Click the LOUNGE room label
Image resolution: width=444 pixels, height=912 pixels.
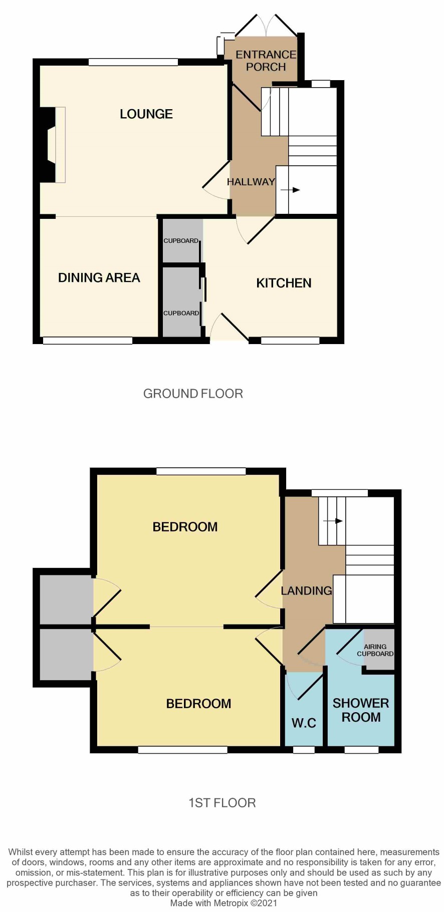point(146,114)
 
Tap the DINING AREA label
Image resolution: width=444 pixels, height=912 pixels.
point(99,278)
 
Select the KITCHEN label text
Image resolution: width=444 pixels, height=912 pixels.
point(284,283)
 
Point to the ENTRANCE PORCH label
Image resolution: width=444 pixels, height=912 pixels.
point(266,61)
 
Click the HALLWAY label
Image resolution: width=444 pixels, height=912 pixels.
point(251,182)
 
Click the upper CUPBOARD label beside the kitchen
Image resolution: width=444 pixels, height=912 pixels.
point(181,241)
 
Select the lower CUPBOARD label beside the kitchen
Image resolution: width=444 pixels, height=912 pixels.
point(181,313)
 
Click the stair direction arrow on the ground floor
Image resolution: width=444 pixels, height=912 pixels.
point(290,190)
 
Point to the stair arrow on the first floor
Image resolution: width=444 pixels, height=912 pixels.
point(333,521)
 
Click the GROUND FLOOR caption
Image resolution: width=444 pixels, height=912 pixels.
point(193,394)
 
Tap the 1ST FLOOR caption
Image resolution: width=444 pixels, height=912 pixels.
point(222,803)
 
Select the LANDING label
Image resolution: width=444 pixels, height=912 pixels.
point(306,591)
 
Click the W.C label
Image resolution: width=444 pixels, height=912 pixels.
point(304,723)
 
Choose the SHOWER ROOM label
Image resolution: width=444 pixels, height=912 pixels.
point(361,710)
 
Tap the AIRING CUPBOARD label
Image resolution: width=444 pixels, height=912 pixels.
point(375,650)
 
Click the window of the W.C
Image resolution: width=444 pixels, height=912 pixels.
point(304,750)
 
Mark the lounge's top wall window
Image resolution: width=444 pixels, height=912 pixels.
point(133,62)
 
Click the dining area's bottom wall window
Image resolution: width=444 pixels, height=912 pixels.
point(88,341)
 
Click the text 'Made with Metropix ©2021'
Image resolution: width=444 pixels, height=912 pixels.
point(224,903)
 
